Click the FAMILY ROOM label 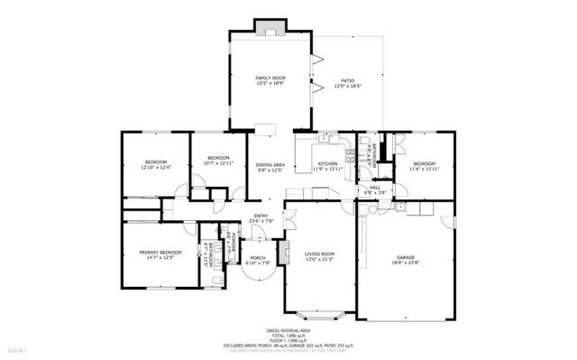(x=270, y=78)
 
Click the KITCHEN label (x=327, y=139)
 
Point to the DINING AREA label (x=270, y=164)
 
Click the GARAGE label (x=404, y=256)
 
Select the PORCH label (x=259, y=258)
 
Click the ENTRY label (x=261, y=215)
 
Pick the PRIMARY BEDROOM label (x=160, y=252)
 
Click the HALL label (x=374, y=187)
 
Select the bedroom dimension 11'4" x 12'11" (x=423, y=168)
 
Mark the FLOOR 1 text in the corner (x=18, y=349)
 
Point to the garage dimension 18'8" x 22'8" (x=404, y=263)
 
